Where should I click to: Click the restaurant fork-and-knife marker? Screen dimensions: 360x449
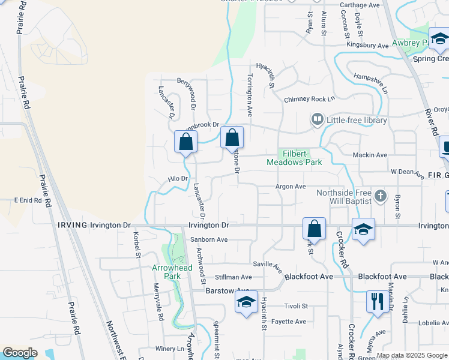(377, 301)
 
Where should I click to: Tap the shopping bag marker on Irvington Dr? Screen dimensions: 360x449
(314, 229)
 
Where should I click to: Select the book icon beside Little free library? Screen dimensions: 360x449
(317, 120)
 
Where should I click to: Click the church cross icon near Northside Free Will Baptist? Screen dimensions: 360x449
(379, 196)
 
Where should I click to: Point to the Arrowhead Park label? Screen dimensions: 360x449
(166, 272)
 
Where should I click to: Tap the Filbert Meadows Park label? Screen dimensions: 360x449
(294, 158)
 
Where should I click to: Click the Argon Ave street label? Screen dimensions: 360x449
(291, 187)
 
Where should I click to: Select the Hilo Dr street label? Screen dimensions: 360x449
(178, 179)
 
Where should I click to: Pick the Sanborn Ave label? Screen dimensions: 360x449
(209, 239)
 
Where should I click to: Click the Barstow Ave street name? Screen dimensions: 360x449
(218, 290)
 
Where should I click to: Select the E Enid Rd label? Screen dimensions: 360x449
(28, 200)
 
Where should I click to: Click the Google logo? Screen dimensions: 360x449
(20, 353)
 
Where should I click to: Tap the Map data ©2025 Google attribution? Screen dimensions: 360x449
(412, 355)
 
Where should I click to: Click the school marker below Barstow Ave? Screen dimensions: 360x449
(246, 302)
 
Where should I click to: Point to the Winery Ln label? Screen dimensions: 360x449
(170, 349)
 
